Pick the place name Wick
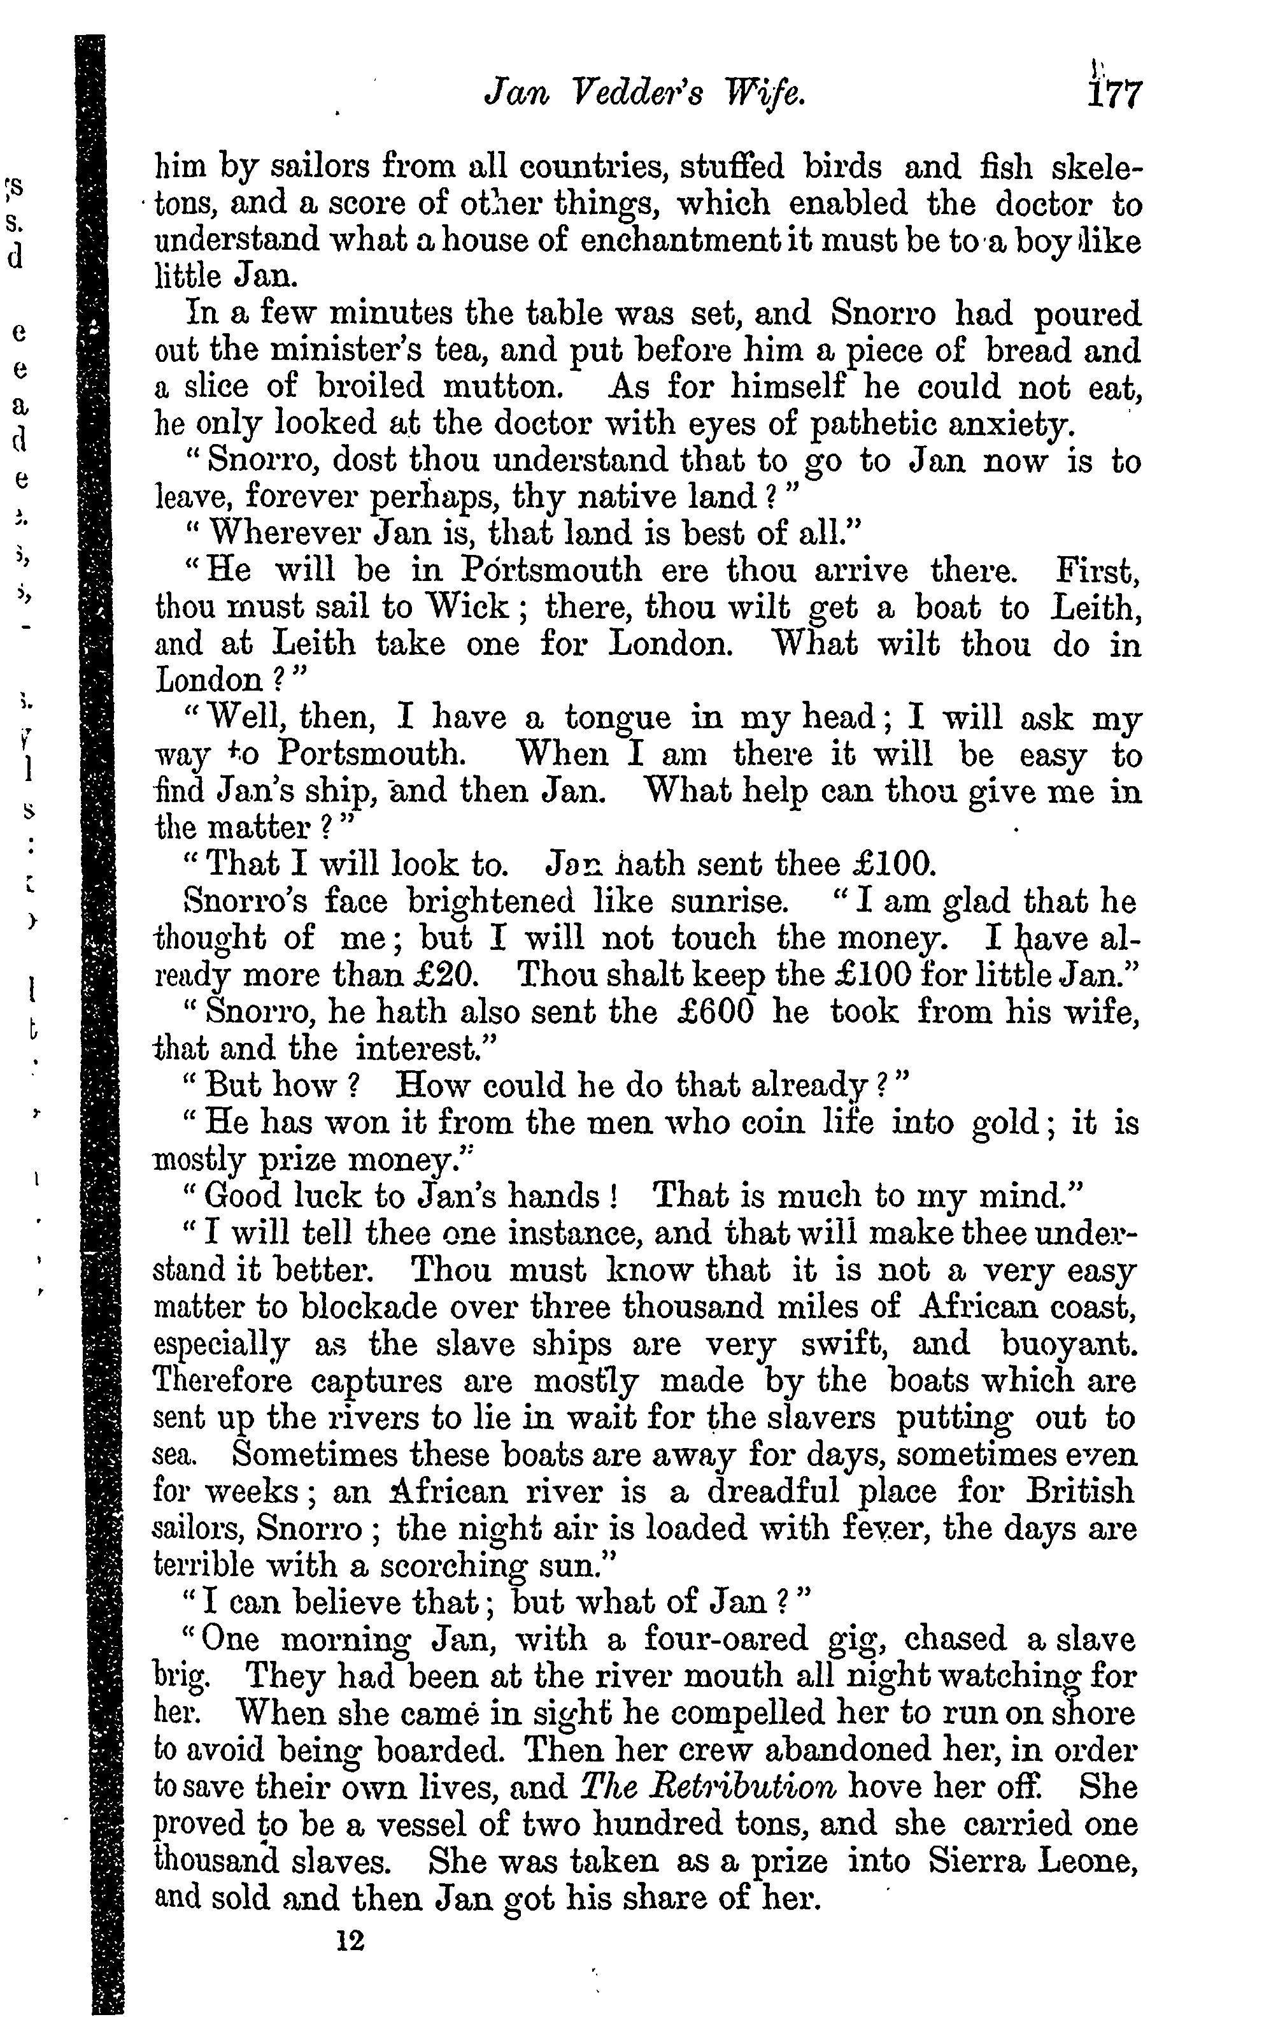pos(465,607)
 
